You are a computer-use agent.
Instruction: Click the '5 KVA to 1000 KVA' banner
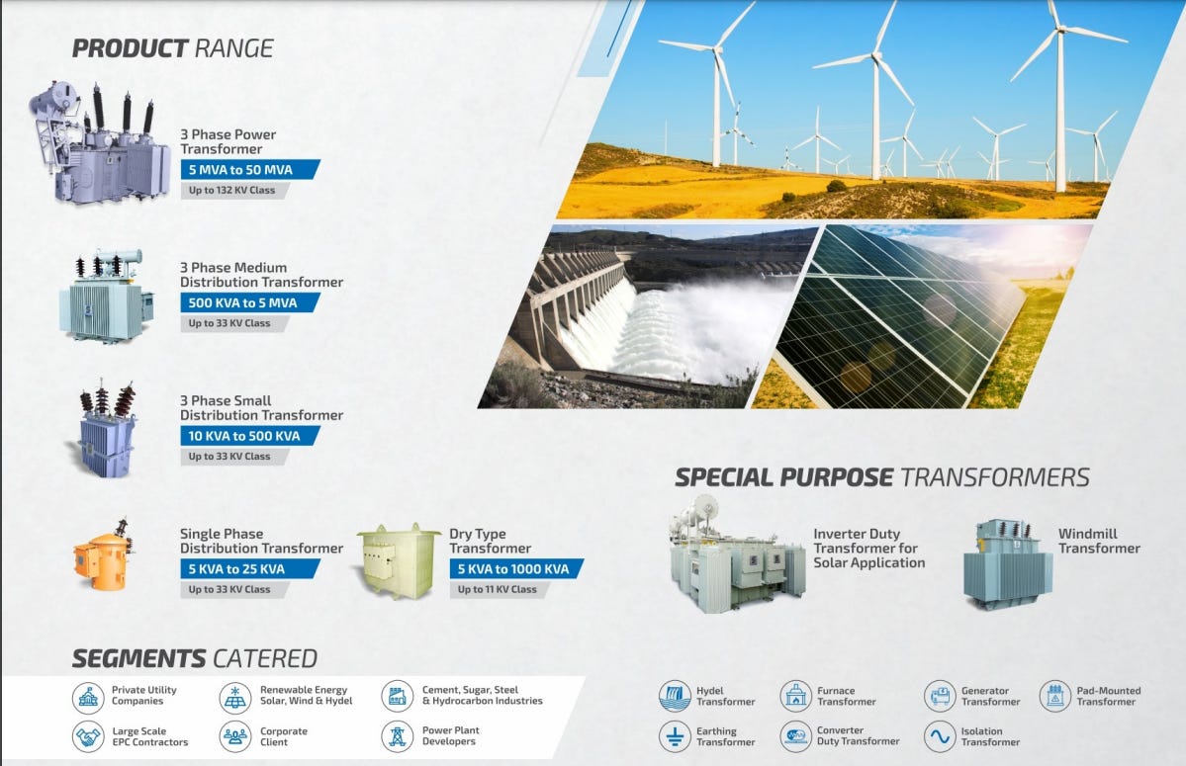pos(514,568)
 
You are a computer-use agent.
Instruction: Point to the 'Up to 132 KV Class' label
pos(233,190)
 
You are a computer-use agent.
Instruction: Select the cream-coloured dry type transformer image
pos(399,560)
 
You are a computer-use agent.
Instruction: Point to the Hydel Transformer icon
pos(675,696)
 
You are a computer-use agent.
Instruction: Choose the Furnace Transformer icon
pos(795,696)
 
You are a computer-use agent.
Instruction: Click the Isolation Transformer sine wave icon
pos(940,736)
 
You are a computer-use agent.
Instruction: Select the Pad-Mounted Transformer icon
pos(1055,696)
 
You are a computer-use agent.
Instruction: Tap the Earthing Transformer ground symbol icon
pos(675,736)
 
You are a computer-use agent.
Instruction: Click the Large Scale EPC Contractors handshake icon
pos(88,736)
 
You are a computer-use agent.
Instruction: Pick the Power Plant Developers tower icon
pos(397,736)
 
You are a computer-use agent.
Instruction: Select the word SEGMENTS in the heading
pos(138,658)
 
